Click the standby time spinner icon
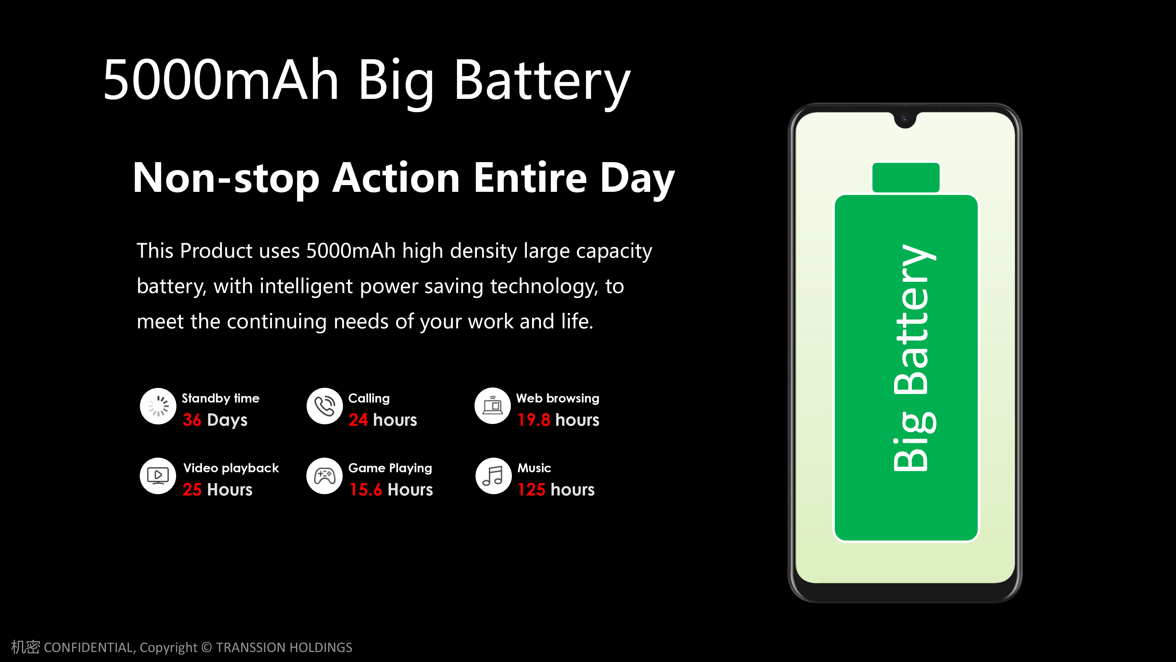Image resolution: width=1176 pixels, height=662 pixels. [158, 406]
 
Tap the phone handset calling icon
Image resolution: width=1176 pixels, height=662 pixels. [325, 406]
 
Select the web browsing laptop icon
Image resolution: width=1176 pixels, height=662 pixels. [492, 406]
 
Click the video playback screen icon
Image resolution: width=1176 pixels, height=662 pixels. [158, 475]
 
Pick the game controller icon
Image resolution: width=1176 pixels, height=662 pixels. [325, 475]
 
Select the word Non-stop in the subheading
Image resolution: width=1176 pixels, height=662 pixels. [225, 178]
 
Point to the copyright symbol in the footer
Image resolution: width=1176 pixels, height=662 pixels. [207, 647]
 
